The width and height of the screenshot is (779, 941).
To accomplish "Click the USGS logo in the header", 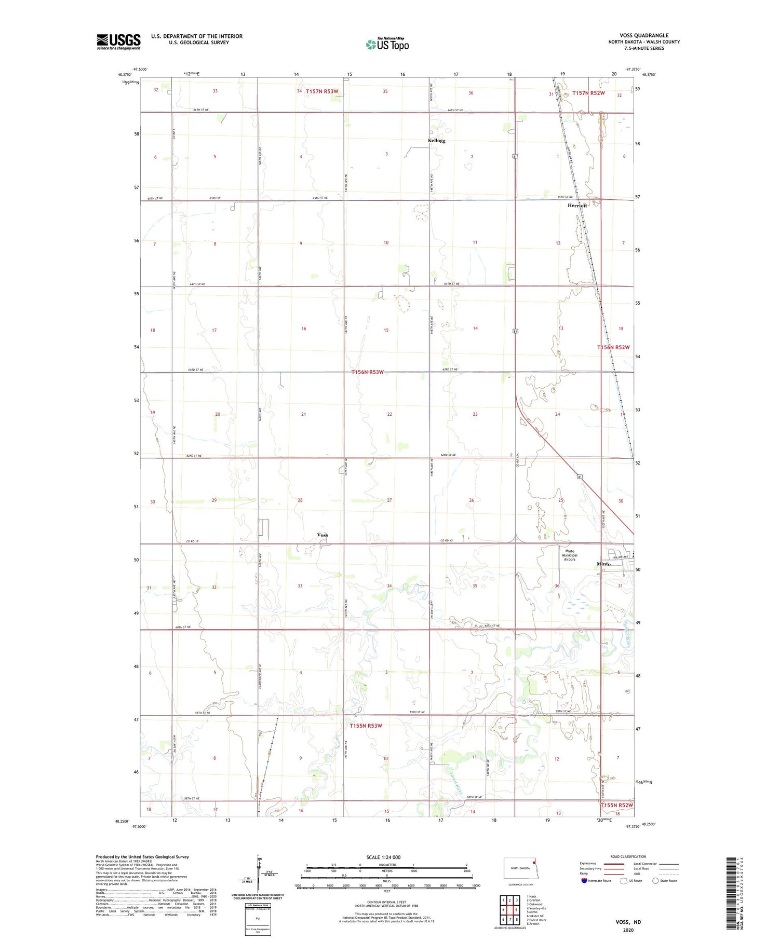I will [118, 42].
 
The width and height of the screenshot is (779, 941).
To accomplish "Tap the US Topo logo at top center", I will [387, 45].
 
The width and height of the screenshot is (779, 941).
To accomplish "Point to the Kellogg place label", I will [436, 141].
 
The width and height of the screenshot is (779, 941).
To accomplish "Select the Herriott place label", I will [577, 206].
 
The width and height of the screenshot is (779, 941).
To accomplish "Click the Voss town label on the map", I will [322, 535].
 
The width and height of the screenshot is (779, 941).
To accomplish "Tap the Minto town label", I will [603, 564].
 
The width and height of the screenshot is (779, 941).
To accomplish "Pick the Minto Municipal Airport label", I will [570, 555].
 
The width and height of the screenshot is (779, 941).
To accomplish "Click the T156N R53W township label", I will [367, 372].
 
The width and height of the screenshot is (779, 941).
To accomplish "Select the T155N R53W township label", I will [366, 726].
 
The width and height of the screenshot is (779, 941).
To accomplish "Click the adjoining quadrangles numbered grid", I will [509, 909].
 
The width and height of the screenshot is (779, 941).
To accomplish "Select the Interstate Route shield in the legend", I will [584, 880].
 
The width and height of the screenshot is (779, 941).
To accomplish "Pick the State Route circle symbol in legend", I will [655, 880].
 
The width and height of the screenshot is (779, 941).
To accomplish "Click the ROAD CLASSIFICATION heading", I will [628, 856].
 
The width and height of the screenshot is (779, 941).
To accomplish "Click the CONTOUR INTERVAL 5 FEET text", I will [386, 902].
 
